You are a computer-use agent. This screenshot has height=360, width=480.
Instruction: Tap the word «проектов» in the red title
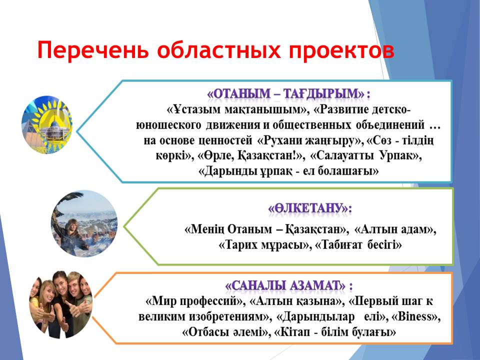[341, 50]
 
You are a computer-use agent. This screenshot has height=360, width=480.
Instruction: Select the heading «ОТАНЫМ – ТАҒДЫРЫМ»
[286, 93]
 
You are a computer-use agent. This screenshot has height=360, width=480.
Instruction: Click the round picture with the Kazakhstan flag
[47, 124]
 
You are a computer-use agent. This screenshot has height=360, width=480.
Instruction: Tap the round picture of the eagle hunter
[84, 224]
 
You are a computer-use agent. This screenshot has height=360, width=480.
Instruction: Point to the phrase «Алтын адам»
[395, 229]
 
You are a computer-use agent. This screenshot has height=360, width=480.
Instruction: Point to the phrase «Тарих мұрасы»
[263, 245]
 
